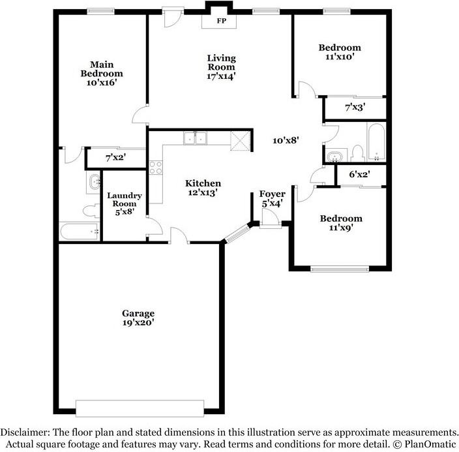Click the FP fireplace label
point(221,20)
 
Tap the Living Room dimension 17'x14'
point(221,76)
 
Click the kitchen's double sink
point(195,138)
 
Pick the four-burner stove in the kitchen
point(156,167)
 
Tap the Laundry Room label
point(125,200)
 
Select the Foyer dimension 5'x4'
point(271,203)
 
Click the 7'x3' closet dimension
point(355,106)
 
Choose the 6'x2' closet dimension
point(359,174)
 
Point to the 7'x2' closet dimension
point(115,157)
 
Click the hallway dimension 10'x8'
point(286,140)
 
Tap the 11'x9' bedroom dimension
point(340,228)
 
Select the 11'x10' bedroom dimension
point(339,57)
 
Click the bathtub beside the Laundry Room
point(79,231)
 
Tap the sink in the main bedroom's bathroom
point(94,182)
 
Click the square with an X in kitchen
point(239,140)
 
